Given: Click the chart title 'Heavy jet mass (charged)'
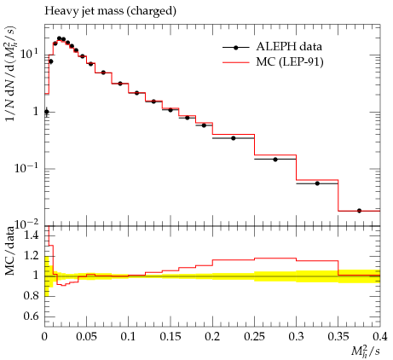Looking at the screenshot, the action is [x=110, y=11].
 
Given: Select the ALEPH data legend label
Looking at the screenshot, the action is [x=289, y=46].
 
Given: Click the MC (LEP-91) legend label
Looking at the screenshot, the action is [x=290, y=61].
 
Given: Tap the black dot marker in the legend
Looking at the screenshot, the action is [x=235, y=48].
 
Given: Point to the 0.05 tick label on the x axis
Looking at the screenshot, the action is [x=87, y=337].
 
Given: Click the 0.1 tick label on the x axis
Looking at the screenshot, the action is [x=129, y=337].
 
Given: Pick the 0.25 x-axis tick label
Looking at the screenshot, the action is [x=255, y=337].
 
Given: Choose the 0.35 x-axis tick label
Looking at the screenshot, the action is [x=338, y=337].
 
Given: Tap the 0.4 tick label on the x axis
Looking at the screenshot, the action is [x=380, y=337].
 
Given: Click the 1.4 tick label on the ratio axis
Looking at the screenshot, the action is [x=31, y=235].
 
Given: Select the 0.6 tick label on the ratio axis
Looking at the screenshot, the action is [x=31, y=316].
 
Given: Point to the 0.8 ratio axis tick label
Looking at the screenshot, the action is [x=31, y=296].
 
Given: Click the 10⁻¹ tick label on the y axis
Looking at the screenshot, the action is [x=26, y=167].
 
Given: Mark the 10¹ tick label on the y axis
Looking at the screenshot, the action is [x=29, y=54].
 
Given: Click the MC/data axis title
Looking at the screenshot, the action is [x=10, y=252].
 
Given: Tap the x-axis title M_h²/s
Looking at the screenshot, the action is [x=366, y=351].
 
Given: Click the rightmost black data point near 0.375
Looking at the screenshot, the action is [x=359, y=211].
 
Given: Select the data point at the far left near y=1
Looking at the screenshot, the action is [x=47, y=112].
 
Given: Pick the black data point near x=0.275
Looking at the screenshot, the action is [x=275, y=160].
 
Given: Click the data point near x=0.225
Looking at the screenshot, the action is [x=234, y=138].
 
